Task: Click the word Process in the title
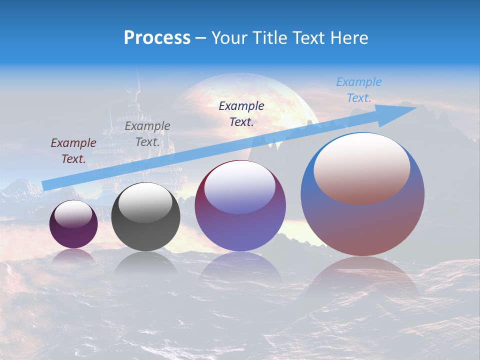[157, 38]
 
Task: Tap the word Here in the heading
[348, 38]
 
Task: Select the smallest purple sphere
[73, 224]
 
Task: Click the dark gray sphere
[145, 217]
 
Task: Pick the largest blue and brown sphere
[362, 194]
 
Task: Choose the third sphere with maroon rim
[240, 205]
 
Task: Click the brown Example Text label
[73, 151]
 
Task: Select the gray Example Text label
[147, 134]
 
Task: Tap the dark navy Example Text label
[241, 113]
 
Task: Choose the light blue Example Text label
[359, 89]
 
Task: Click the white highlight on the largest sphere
[361, 167]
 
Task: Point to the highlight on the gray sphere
[145, 203]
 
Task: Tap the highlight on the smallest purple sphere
[73, 214]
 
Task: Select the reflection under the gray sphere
[145, 263]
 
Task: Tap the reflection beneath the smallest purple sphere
[73, 256]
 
